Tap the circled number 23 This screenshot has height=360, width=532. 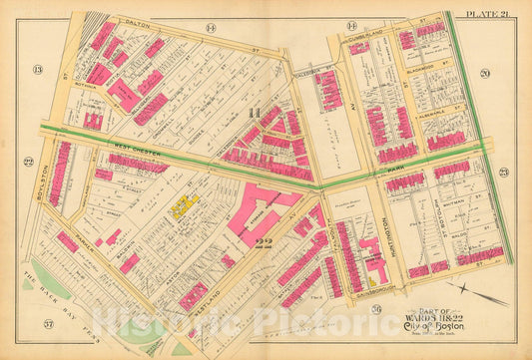pos(503,173)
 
